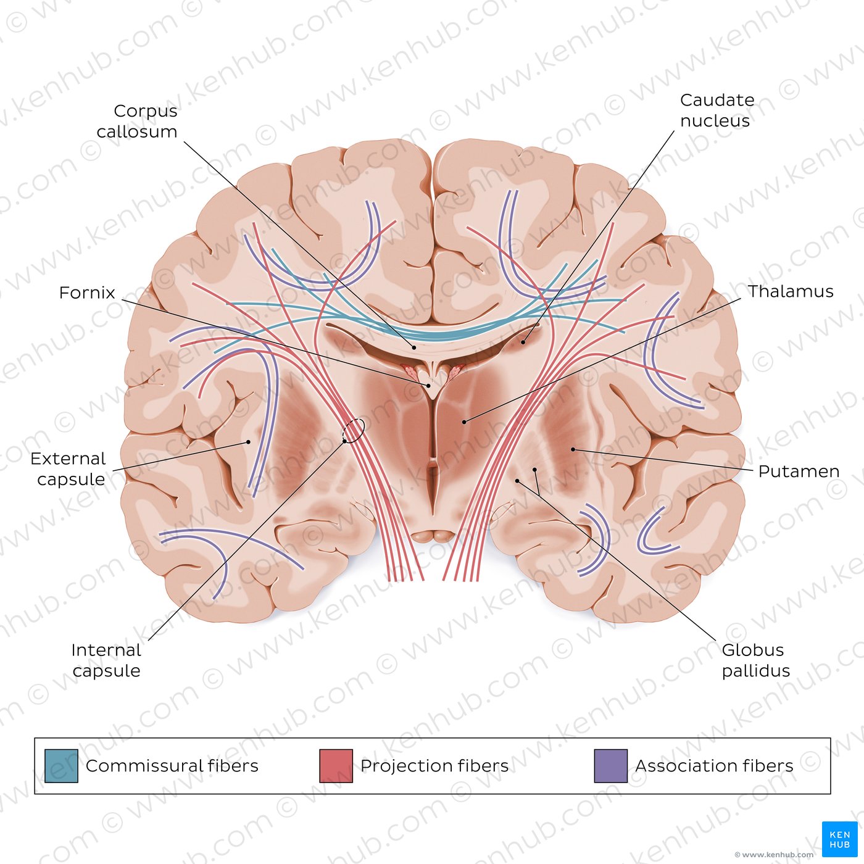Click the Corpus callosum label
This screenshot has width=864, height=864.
(137, 122)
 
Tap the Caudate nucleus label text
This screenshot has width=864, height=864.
(717, 110)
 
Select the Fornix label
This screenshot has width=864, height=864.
(87, 293)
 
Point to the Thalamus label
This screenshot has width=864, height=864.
(791, 291)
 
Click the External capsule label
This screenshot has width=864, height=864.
(68, 469)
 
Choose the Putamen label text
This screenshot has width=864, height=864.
(799, 471)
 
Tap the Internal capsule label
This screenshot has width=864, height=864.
(106, 660)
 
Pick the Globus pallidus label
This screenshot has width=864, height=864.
(755, 660)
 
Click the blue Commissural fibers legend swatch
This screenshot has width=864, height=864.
(62, 766)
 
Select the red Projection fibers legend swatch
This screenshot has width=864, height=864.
(336, 766)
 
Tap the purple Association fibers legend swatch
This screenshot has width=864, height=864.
(611, 766)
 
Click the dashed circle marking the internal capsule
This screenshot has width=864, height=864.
(354, 431)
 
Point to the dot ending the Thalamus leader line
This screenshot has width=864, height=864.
(464, 422)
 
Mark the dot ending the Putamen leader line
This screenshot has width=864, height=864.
(573, 449)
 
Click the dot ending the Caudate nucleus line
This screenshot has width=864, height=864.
(523, 343)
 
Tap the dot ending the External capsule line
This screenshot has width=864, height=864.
(248, 442)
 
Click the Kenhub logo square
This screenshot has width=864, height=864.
(840, 839)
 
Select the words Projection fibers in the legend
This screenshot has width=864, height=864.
(434, 766)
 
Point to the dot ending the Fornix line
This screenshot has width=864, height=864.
(429, 386)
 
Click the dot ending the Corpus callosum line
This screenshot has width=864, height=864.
(414, 347)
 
